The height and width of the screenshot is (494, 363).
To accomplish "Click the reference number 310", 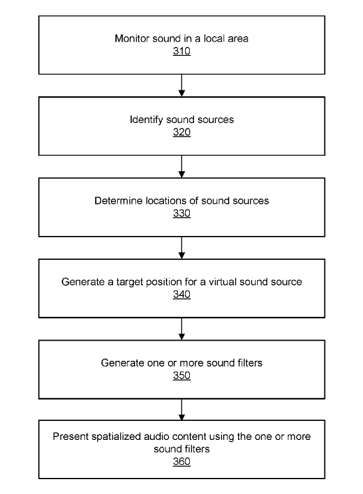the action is [181, 51].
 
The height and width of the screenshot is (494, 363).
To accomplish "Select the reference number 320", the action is [181, 132].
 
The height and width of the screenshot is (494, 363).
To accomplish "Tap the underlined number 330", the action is [181, 213].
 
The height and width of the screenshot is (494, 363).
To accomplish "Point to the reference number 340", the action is [181, 294].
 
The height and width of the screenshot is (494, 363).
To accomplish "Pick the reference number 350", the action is [181, 376].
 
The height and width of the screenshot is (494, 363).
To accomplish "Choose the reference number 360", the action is [181, 461].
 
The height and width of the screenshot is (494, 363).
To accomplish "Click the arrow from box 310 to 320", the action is [181, 86].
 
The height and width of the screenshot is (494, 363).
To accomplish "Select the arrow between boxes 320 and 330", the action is [181, 166].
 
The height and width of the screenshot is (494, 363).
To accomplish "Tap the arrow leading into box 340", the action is [181, 248].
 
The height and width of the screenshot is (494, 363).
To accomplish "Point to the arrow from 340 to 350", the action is [181, 329].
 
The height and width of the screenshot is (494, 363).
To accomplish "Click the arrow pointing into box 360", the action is [181, 410].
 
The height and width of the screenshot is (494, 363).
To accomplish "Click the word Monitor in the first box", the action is [132, 39].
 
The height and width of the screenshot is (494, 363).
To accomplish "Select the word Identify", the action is [146, 120].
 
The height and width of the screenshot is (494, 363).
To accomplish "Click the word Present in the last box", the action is [70, 437].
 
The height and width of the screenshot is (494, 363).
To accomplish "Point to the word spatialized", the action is [115, 438].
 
